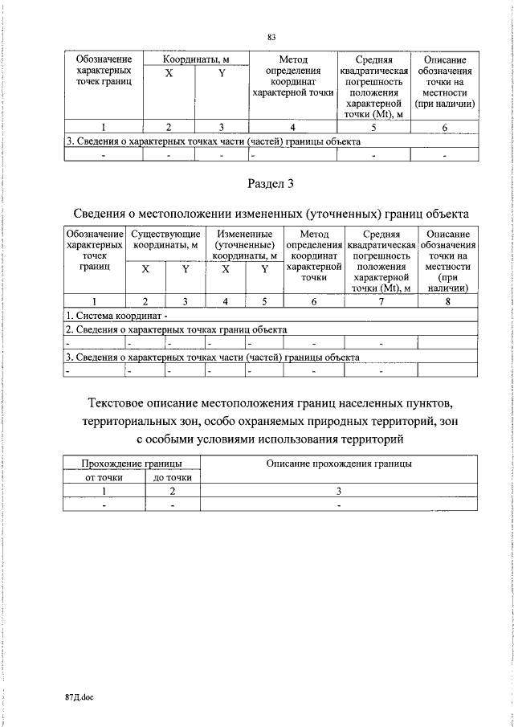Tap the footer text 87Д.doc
(x=80, y=698)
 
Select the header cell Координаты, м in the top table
(x=196, y=59)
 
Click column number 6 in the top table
(x=444, y=128)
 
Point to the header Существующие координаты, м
(x=165, y=244)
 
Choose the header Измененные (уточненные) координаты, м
(x=246, y=244)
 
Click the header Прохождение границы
(x=132, y=464)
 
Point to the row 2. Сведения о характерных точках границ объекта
(x=177, y=329)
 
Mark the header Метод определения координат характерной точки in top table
(x=292, y=76)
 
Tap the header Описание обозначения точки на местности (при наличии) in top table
(x=444, y=82)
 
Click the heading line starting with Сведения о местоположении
(x=271, y=214)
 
